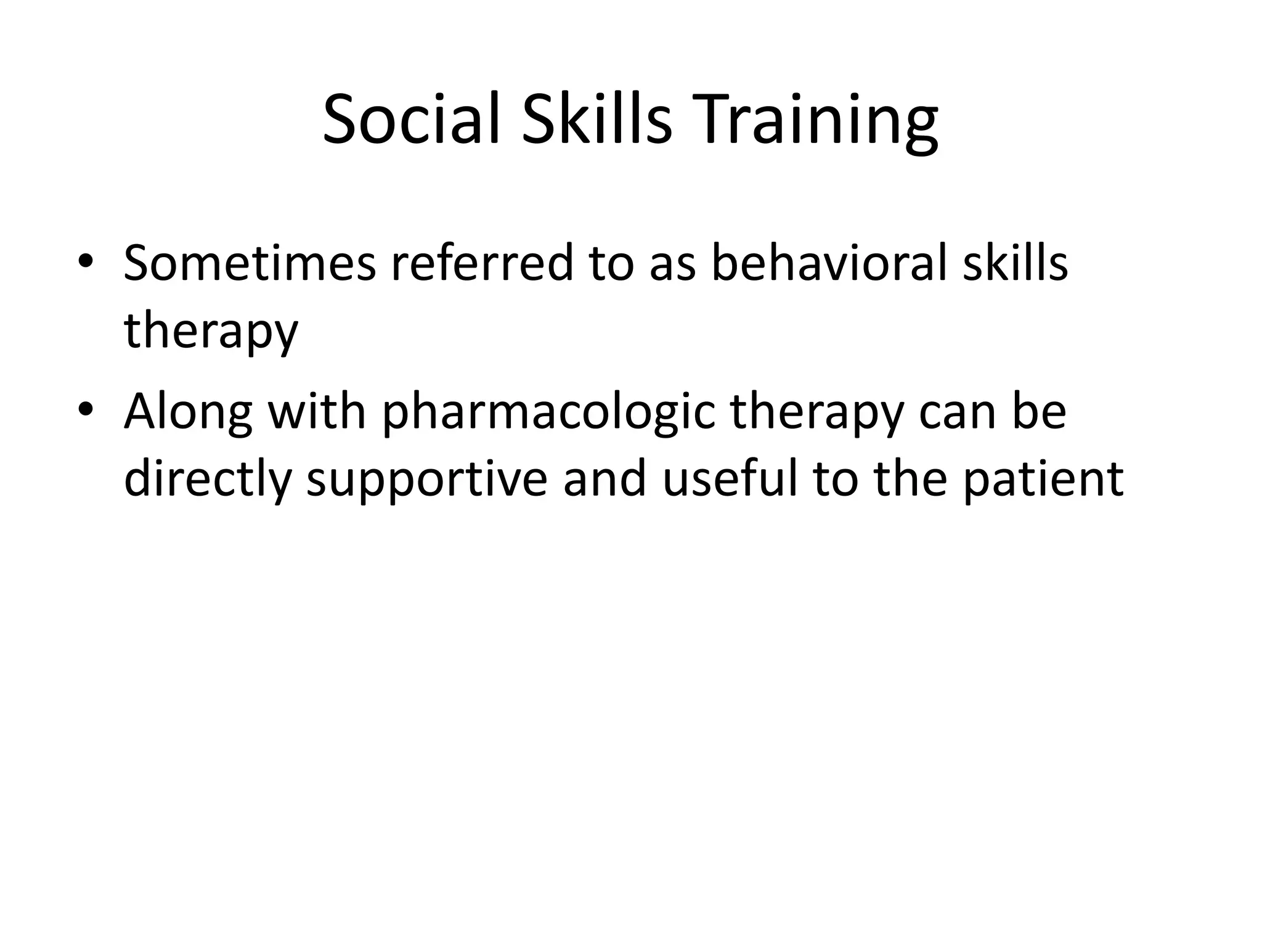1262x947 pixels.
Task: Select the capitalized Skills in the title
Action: (x=596, y=120)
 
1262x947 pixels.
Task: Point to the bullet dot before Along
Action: (x=86, y=409)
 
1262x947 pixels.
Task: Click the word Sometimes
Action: (x=249, y=264)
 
